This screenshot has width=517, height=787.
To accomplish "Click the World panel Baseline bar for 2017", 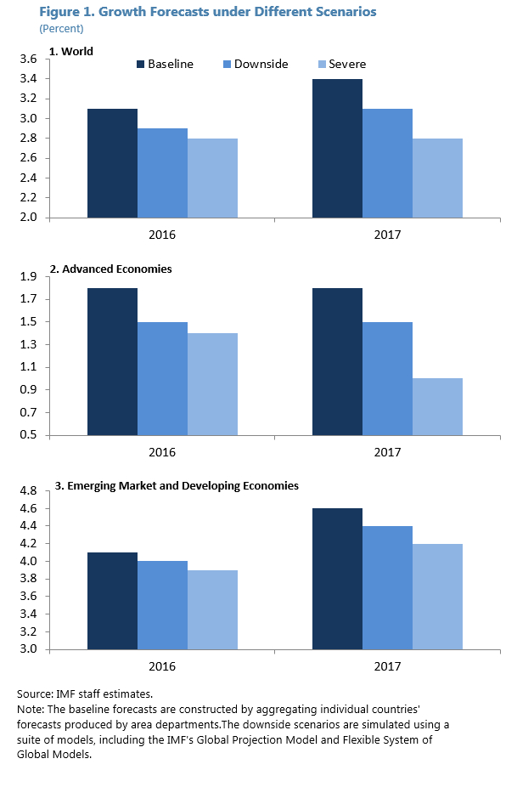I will [337, 148].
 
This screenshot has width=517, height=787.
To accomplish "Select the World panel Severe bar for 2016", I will [212, 178].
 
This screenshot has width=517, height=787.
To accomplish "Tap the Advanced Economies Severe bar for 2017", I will [437, 407].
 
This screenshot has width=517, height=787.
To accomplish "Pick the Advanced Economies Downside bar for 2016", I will [162, 378].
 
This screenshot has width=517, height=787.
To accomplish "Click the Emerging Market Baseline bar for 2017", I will [337, 579].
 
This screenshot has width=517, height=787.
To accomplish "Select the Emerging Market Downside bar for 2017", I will [387, 587].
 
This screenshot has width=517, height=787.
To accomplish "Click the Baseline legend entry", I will [165, 65].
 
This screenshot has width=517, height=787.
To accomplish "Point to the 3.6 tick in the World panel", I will [28, 59].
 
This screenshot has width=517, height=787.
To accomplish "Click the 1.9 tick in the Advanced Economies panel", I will [28, 277].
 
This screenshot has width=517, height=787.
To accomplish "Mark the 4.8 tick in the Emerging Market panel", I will [28, 491].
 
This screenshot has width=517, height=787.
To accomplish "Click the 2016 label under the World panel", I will [161, 233].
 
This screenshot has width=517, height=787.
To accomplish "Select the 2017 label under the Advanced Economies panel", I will [388, 451].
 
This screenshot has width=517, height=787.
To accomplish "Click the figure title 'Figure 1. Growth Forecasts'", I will [208, 12].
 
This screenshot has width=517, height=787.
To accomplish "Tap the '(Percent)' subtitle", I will [61, 28].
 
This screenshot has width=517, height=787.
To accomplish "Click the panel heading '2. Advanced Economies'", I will [110, 269].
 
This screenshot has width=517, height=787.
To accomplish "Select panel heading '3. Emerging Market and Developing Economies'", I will [177, 486].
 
